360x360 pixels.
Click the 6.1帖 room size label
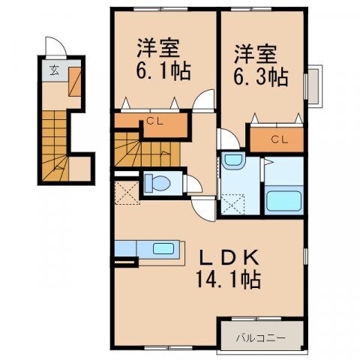[163, 72]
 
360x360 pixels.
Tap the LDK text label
[230, 257]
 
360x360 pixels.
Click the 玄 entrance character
[55, 73]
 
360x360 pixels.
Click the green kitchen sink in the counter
[161, 248]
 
